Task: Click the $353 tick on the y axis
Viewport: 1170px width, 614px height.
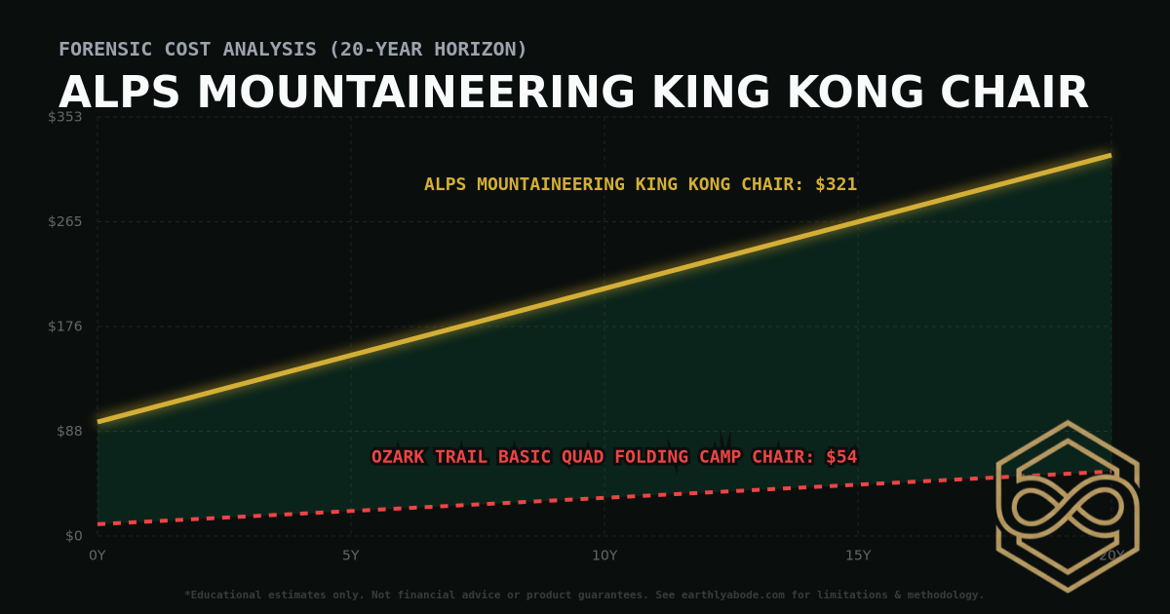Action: [64, 117]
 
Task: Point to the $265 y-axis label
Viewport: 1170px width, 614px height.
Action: [64, 221]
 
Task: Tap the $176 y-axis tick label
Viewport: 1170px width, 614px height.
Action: [64, 326]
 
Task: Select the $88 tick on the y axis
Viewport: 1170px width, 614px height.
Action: [68, 431]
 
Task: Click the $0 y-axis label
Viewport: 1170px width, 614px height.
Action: [72, 536]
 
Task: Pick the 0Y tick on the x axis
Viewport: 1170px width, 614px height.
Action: [97, 556]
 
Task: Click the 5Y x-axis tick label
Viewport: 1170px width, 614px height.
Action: [351, 556]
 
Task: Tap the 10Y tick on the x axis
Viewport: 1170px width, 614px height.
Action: [604, 556]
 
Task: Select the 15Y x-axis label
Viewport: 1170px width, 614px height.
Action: [858, 556]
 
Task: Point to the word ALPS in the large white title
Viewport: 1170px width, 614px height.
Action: [120, 94]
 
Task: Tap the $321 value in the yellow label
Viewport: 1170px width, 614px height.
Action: [836, 184]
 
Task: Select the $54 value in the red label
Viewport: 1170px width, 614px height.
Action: [841, 457]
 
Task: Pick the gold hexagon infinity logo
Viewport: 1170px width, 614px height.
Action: [1068, 507]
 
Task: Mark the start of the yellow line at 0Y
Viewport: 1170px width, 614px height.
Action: [98, 422]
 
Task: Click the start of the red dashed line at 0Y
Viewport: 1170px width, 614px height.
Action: [98, 524]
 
